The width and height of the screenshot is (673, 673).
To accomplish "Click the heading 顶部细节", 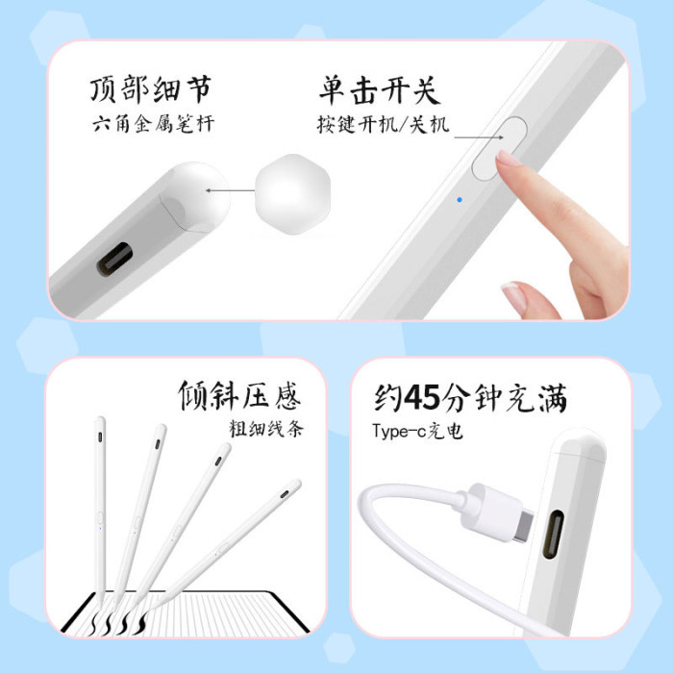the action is pyautogui.click(x=151, y=89).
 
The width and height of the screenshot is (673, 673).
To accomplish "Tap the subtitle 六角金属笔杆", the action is pyautogui.click(x=153, y=124).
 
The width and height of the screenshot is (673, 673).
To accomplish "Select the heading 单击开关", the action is pyautogui.click(x=380, y=90).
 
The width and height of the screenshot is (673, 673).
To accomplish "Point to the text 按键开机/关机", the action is pyautogui.click(x=383, y=124).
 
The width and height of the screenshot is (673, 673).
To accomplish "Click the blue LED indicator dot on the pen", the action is pyautogui.click(x=460, y=200).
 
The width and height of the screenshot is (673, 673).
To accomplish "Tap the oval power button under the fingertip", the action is pyautogui.click(x=499, y=148).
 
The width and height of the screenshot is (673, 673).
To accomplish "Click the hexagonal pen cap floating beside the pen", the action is pyautogui.click(x=292, y=194).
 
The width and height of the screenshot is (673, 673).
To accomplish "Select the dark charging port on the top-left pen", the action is pyautogui.click(x=114, y=259).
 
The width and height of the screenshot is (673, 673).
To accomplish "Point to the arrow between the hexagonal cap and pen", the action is pyautogui.click(x=230, y=190).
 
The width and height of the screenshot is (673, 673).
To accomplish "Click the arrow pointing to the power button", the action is pyautogui.click(x=479, y=137).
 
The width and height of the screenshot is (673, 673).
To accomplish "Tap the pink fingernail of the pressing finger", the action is pyautogui.click(x=508, y=158).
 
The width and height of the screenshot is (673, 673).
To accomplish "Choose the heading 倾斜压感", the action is pyautogui.click(x=239, y=396).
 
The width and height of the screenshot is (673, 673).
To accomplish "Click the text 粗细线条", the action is pyautogui.click(x=266, y=429).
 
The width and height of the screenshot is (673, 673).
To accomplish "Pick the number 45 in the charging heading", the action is pyautogui.click(x=422, y=397).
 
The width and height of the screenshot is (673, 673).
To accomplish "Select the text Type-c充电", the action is pyautogui.click(x=417, y=431).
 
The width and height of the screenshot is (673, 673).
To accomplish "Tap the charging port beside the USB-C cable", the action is pyautogui.click(x=554, y=535).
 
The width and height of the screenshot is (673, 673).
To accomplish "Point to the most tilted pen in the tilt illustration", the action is pyautogui.click(x=223, y=545).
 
